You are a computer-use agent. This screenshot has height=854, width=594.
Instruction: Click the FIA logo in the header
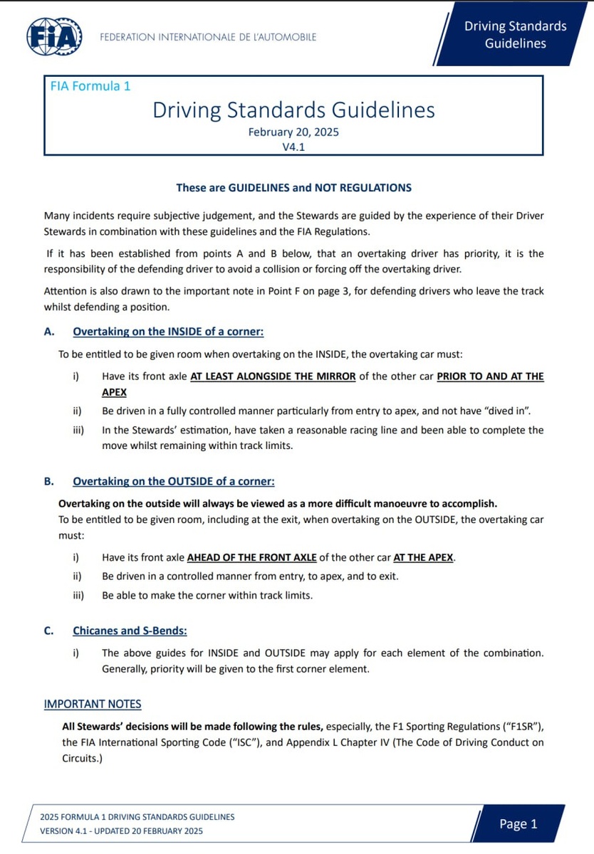(x=53, y=36)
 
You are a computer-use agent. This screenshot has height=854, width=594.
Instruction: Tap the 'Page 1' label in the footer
(x=518, y=824)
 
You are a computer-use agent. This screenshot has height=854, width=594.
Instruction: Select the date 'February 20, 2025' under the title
(x=293, y=132)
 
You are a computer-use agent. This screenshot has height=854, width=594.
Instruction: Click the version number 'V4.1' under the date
(x=293, y=147)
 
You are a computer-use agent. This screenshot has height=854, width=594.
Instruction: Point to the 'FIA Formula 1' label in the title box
(x=90, y=86)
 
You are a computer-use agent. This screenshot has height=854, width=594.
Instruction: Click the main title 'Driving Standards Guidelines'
(x=293, y=110)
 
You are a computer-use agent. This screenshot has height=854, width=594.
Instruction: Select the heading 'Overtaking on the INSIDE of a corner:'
(x=168, y=332)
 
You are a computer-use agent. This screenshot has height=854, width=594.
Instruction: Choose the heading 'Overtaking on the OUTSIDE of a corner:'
(x=174, y=481)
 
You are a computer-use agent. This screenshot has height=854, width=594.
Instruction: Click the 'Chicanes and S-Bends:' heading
(x=130, y=631)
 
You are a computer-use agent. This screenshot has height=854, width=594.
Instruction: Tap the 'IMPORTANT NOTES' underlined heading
(x=93, y=704)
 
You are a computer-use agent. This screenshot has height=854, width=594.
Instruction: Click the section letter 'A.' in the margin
(x=49, y=332)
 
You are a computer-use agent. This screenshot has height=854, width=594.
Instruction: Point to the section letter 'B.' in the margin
(x=49, y=481)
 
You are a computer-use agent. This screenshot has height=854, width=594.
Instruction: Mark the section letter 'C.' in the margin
(x=49, y=631)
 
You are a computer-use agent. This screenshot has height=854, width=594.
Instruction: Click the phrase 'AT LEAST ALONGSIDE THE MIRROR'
(x=273, y=376)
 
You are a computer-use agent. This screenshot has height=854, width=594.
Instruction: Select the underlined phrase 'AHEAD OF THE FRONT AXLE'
(x=251, y=557)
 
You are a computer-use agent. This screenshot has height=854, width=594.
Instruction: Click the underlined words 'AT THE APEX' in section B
(x=423, y=557)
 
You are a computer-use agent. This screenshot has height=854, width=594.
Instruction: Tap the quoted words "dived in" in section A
(x=508, y=411)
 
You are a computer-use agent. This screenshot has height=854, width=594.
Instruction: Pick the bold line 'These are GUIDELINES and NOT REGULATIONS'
(x=293, y=188)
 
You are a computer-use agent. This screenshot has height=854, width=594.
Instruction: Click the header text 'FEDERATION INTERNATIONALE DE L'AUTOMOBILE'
(x=208, y=37)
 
